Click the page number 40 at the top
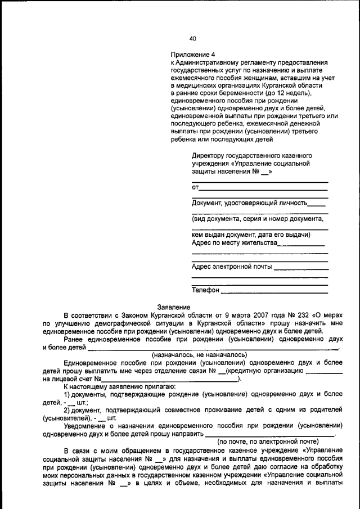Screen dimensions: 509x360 193,39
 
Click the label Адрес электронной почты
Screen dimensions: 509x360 232,266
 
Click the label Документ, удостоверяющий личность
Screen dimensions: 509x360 249,202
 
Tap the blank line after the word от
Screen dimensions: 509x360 263,187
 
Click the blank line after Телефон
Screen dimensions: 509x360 274,291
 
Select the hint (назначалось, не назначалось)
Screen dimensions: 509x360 200,355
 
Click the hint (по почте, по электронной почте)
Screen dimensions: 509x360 268,442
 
